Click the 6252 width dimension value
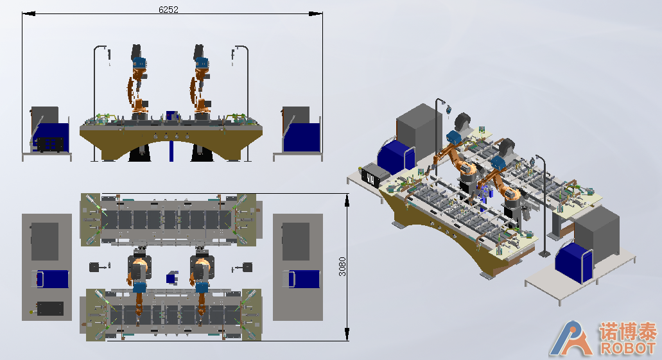[168, 9]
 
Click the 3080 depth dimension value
[342, 267]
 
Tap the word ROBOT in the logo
[629, 348]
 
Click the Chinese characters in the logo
[628, 331]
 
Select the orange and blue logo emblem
[571, 338]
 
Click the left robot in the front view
[139, 82]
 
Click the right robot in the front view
[201, 82]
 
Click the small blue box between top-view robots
[172, 278]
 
